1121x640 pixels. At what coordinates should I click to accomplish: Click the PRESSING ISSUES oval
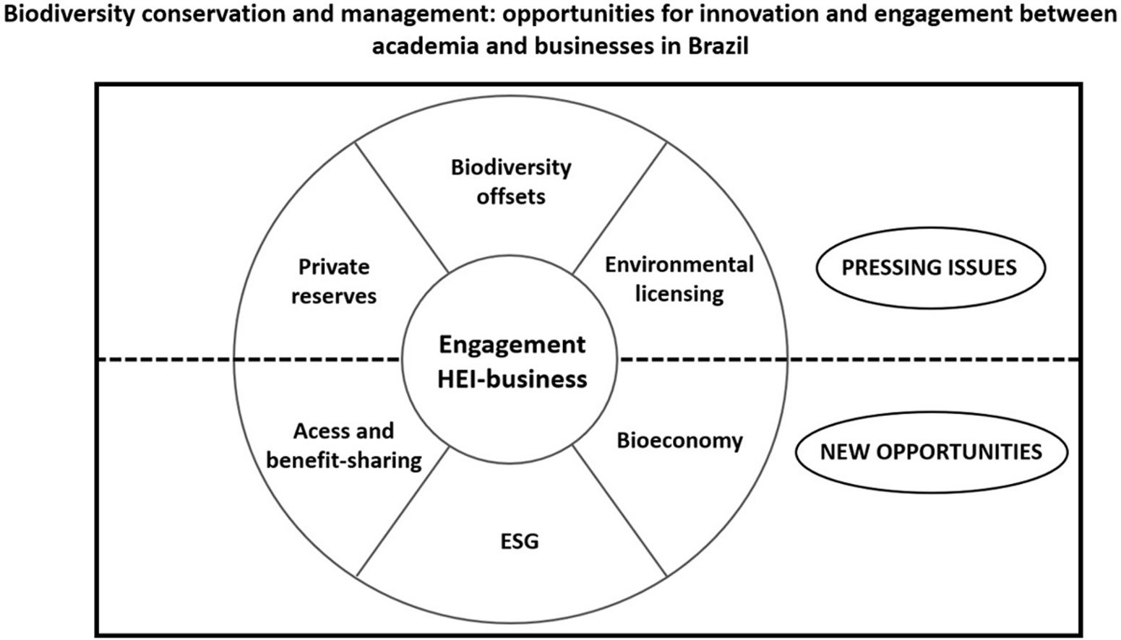tap(929, 268)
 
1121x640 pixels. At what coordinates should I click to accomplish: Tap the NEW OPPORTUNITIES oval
tap(930, 452)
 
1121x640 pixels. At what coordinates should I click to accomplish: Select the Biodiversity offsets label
tap(511, 181)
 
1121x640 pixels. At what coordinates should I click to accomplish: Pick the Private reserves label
tap(334, 281)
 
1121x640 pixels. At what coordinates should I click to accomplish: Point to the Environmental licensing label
tap(679, 279)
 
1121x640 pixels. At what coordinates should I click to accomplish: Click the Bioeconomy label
tap(679, 441)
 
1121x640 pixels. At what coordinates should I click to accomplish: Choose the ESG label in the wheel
tap(520, 541)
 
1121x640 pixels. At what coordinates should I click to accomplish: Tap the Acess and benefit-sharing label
tap(344, 446)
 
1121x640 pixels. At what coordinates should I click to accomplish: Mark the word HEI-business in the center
tap(512, 379)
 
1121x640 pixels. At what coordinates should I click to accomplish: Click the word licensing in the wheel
tap(679, 294)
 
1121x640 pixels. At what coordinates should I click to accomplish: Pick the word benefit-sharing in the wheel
tap(344, 460)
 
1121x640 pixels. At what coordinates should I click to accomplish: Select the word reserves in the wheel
tap(334, 296)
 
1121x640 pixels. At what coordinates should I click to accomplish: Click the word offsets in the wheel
tap(511, 196)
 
